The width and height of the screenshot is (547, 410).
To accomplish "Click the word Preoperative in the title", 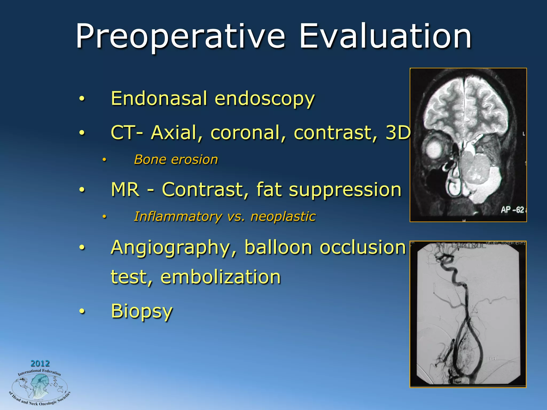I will [x=181, y=37].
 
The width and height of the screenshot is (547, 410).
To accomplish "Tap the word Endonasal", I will [x=159, y=98].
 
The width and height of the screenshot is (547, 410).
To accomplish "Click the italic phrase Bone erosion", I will [x=176, y=160].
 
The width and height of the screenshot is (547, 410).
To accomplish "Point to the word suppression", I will [x=345, y=190].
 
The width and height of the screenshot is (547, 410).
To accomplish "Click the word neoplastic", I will [x=283, y=216].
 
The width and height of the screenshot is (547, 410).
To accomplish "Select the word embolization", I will [x=221, y=277].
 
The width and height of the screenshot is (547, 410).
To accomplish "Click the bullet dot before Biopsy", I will [x=82, y=312].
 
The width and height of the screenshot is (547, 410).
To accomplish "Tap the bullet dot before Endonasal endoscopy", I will [x=82, y=99].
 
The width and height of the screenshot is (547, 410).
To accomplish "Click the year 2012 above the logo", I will [x=40, y=363].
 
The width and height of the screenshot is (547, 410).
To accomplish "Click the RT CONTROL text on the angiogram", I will [x=460, y=245].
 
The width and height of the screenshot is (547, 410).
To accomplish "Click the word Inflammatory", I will [x=177, y=216].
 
